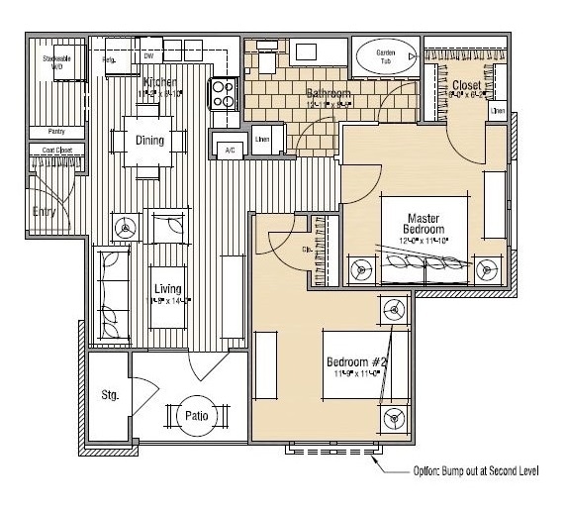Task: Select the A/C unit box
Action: pos(230,149)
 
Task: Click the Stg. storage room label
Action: pos(110,396)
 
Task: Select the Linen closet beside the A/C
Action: pos(262,138)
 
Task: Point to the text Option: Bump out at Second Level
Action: pos(475,472)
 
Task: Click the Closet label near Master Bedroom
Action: pos(467,87)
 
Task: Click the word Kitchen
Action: pos(161,82)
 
